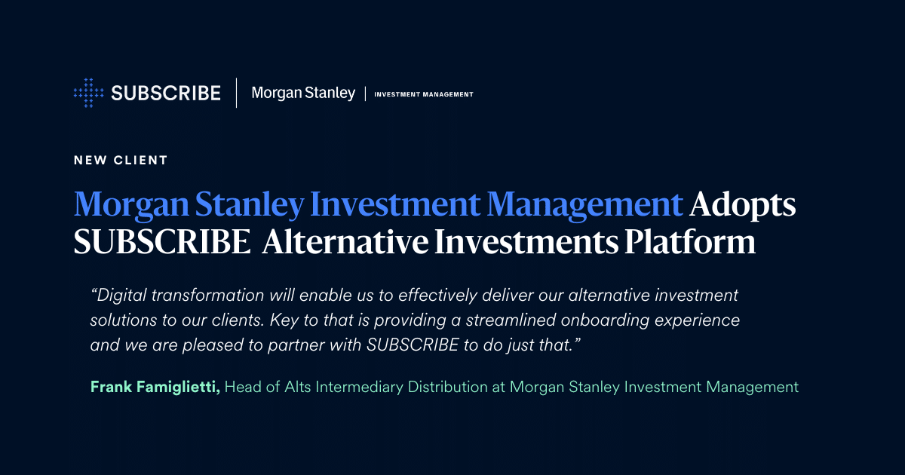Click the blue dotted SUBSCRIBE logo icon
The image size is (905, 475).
click(88, 93)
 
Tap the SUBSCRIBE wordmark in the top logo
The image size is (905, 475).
click(166, 93)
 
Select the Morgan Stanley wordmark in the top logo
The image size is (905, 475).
click(303, 93)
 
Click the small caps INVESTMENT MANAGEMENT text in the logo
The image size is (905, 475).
click(423, 94)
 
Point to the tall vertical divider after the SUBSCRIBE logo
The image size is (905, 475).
click(236, 93)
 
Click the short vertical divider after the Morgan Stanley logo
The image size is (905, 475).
click(365, 93)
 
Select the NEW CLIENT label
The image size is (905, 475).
click(121, 161)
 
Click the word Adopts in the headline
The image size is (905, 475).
click(743, 205)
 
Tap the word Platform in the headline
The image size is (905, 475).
click(690, 241)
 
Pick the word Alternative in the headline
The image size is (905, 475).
click(345, 241)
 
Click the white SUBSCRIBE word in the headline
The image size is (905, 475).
click(162, 241)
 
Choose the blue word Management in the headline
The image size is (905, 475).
click(585, 205)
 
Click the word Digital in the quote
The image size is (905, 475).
click(121, 296)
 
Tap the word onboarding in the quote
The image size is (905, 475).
click(605, 320)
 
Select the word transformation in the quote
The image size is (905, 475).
click(207, 296)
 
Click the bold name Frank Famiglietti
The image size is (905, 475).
click(155, 387)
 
